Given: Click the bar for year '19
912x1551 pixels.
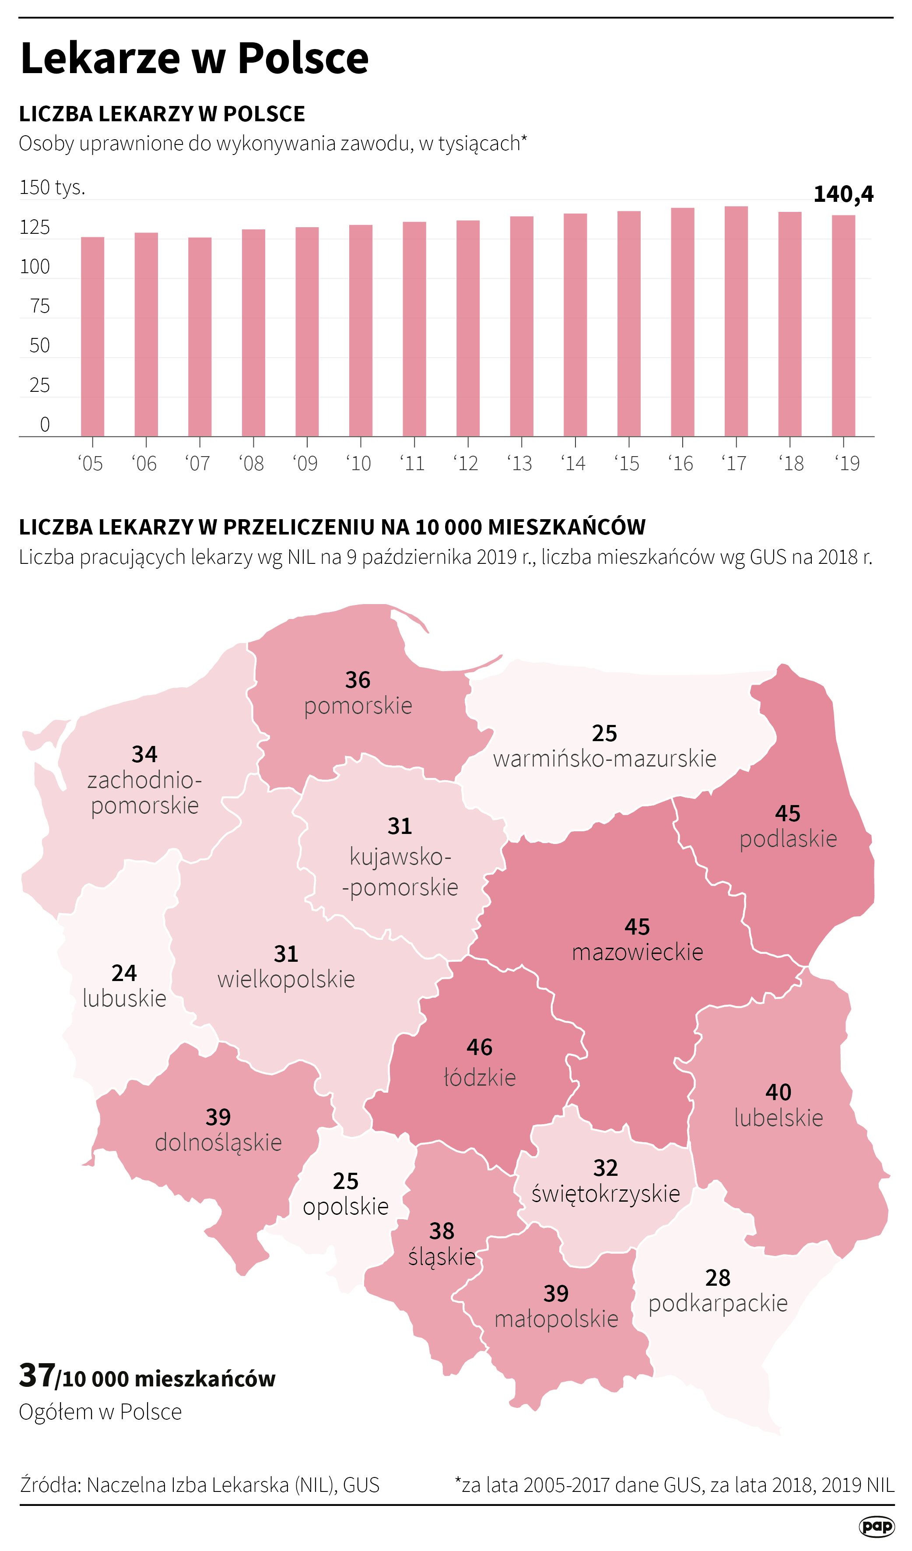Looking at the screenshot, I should click(843, 326).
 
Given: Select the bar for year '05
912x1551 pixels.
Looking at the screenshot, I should click(92, 337).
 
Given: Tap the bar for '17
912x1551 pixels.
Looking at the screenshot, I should click(736, 321).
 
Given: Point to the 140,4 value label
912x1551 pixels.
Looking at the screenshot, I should click(843, 194).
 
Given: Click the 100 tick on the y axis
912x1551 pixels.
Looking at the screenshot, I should click(35, 267).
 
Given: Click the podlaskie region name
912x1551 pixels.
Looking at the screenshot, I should click(788, 838).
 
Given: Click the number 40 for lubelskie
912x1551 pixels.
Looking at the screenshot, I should click(778, 1092).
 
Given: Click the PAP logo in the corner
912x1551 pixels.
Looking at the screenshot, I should click(876, 1526).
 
